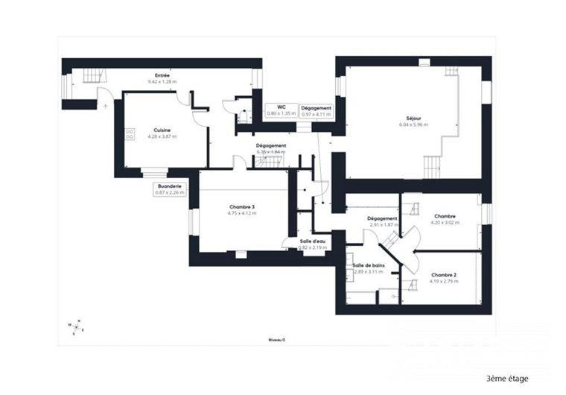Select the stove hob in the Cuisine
click(x=130, y=134)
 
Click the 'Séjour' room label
click(x=413, y=118)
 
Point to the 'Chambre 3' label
click(x=242, y=206)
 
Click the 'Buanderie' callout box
click(x=170, y=189)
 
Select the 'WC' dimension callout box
click(x=282, y=110)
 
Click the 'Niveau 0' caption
click(x=277, y=339)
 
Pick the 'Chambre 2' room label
click(x=444, y=274)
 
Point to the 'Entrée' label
click(x=162, y=75)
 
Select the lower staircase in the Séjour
click(x=432, y=166)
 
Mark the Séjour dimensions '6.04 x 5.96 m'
click(x=413, y=124)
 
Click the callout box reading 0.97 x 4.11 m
click(x=316, y=110)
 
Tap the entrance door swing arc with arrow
click(x=106, y=98)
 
